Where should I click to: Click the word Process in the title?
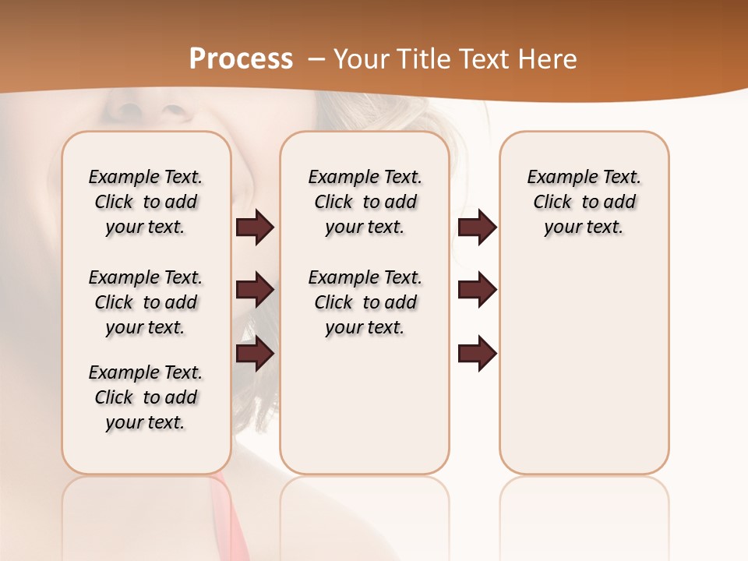coord(241,58)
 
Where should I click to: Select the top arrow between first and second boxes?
coord(255,228)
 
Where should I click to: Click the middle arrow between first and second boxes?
coord(255,291)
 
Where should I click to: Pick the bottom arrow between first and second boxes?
coord(255,354)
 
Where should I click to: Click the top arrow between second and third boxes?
coord(477,228)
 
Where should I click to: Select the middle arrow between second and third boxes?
coord(477,291)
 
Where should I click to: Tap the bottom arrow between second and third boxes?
coord(477,354)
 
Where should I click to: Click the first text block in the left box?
coord(146,202)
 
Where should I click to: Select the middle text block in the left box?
coord(146,302)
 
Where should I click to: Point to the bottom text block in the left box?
coord(146,397)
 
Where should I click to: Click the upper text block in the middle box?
coord(365,202)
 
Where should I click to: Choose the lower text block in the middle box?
coord(365,302)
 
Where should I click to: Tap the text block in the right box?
coord(584,202)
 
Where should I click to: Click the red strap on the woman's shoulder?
coord(226,514)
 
